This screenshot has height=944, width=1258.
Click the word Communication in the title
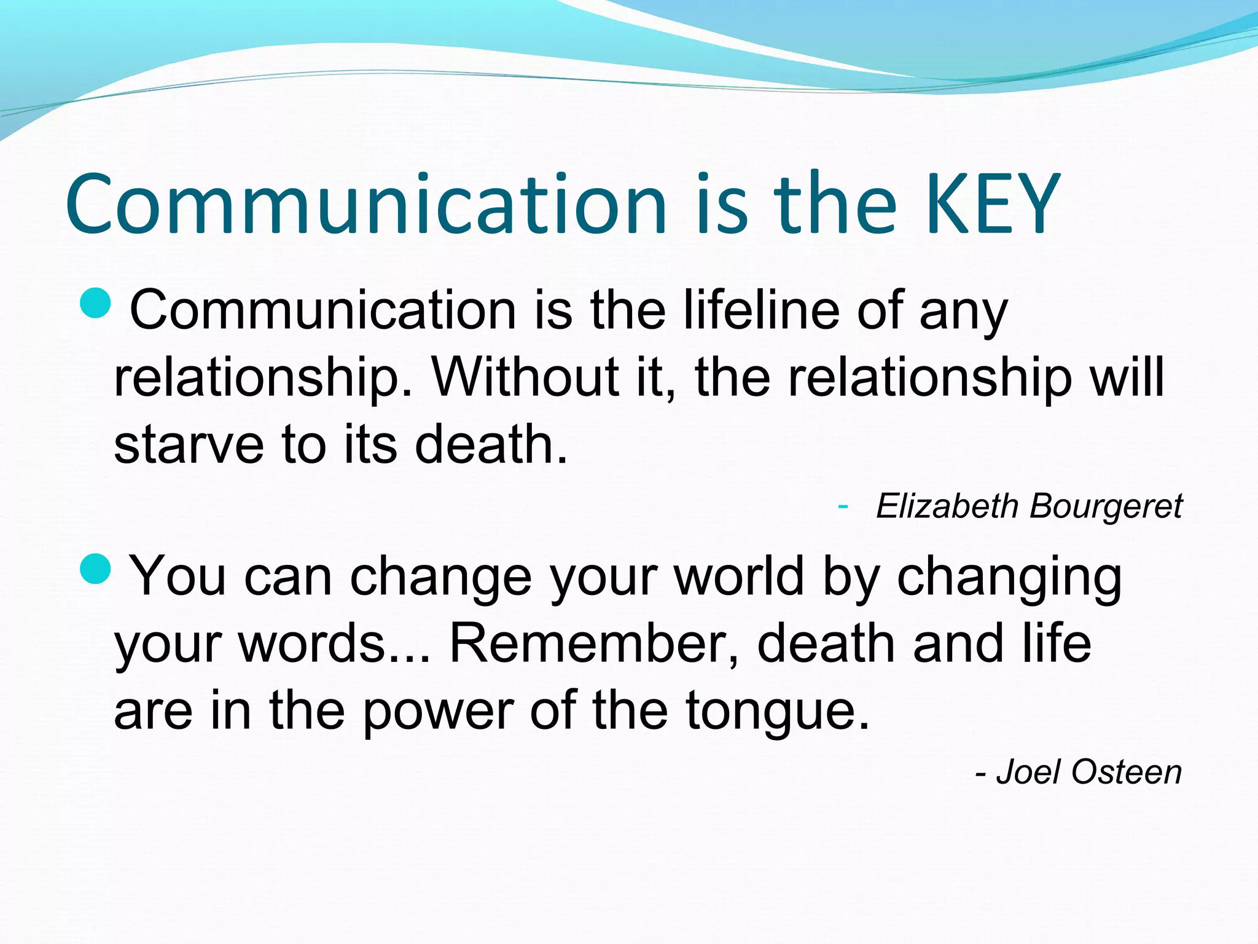tap(366, 204)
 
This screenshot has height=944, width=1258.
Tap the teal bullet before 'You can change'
tap(96, 568)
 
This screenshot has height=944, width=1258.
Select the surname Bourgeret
tap(1106, 506)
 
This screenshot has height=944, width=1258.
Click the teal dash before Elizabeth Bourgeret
tap(843, 506)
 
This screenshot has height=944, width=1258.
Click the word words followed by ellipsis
tap(313, 643)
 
